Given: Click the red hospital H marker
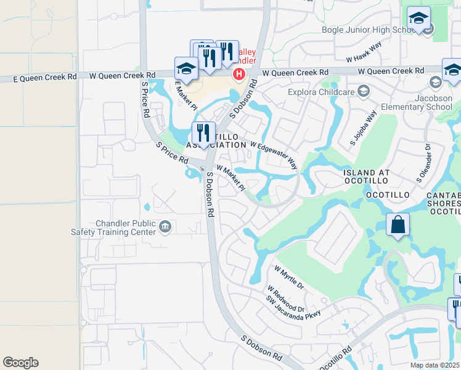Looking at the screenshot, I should [239, 74].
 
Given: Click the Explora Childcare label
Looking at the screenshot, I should [320, 92].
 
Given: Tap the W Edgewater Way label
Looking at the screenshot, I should [274, 155].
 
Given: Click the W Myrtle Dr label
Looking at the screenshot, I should [289, 278].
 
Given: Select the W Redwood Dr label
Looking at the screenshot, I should [286, 298].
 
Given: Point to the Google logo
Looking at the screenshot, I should [20, 363].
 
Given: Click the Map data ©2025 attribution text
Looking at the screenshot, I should [434, 365].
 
